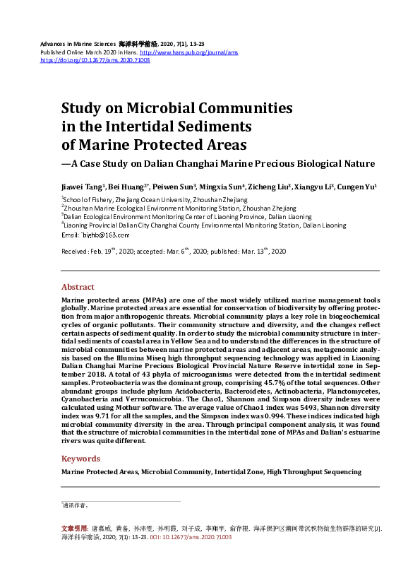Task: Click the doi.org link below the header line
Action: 95,60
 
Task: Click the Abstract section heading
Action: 78,287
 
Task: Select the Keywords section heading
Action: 80,458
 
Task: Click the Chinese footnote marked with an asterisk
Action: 75,506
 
